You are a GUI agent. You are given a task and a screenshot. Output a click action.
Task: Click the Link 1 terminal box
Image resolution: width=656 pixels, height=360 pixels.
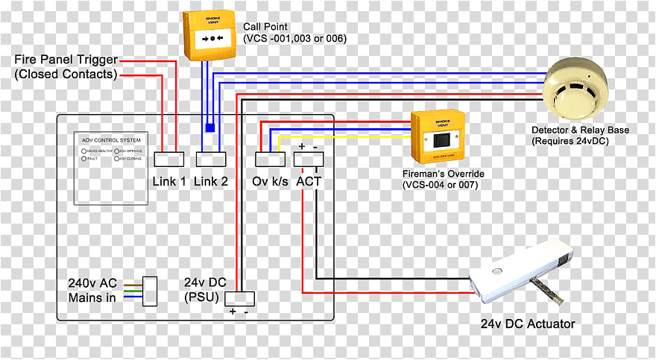coord(169,158)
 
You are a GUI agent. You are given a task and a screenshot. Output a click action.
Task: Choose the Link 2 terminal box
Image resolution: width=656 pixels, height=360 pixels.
coord(210,158)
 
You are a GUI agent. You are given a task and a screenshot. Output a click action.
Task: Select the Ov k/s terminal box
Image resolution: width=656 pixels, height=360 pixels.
coord(270,158)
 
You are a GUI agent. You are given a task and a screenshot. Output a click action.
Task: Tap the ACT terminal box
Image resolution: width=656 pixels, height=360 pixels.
coord(309,158)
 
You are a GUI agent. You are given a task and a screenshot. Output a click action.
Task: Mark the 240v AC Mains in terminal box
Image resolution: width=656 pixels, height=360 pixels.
coord(150,291)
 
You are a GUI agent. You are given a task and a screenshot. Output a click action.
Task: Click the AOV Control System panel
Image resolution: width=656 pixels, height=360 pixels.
coord(112,168)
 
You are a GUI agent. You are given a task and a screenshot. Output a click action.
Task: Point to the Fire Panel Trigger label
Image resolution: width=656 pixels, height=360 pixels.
coord(66,66)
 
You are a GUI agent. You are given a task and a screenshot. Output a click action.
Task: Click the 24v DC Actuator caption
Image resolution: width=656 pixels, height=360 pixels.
coord(527,324)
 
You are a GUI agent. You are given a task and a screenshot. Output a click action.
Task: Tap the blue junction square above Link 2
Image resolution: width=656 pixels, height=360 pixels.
coord(210,127)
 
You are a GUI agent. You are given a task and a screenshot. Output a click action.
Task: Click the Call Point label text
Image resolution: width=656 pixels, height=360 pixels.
coord(294,31)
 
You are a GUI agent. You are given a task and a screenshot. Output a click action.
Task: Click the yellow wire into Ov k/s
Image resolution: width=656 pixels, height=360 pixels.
coord(343,137)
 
